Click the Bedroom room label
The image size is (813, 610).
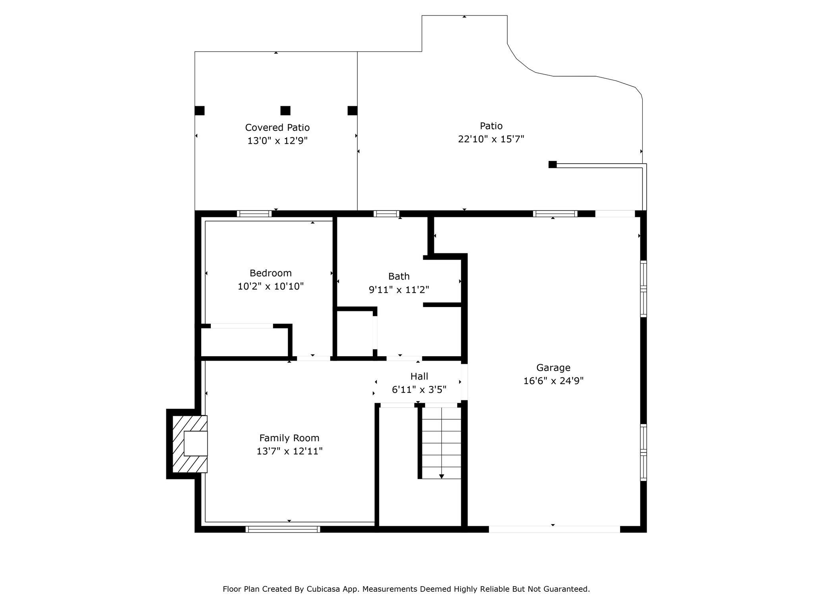click(x=270, y=273)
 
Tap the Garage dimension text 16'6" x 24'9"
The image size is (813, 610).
click(x=553, y=381)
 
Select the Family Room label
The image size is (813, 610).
click(x=289, y=438)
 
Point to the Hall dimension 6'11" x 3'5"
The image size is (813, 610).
click(x=419, y=390)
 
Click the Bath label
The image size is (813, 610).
click(x=399, y=276)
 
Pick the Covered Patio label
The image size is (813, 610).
click(x=277, y=127)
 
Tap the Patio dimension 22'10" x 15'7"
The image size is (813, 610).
click(x=491, y=139)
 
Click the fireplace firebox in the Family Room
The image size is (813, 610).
click(x=196, y=444)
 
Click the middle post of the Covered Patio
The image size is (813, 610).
click(x=285, y=110)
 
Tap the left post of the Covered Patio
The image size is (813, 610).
click(x=200, y=110)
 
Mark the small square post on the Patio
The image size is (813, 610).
click(x=553, y=164)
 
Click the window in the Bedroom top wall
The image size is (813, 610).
click(x=254, y=214)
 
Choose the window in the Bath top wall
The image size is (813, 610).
click(x=386, y=214)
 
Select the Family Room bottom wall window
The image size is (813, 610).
click(x=283, y=529)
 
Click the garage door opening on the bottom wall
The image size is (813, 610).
click(x=554, y=529)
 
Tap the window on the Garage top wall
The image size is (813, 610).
click(x=555, y=214)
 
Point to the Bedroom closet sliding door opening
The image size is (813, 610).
click(x=242, y=326)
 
